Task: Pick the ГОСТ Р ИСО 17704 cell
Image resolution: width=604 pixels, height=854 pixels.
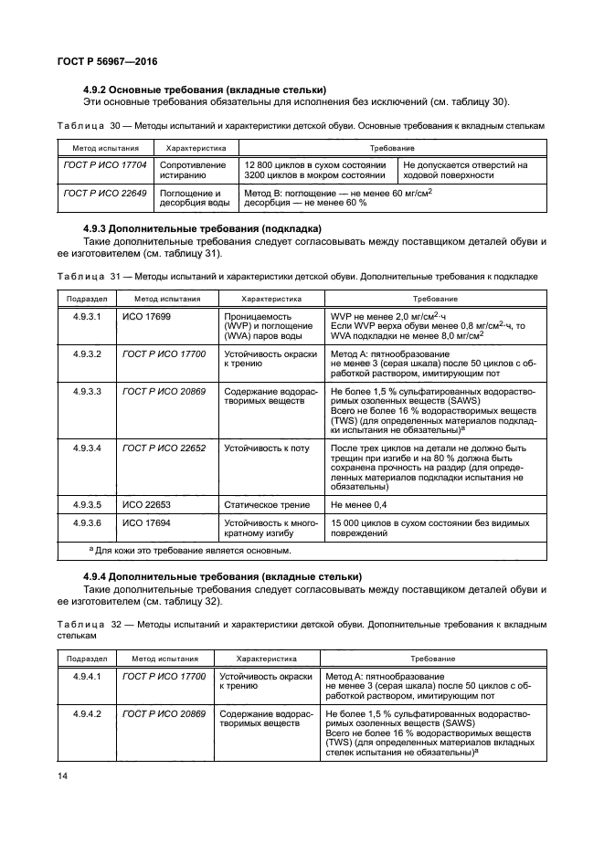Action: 99,165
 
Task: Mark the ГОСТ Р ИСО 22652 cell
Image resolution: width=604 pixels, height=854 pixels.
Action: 164,448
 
